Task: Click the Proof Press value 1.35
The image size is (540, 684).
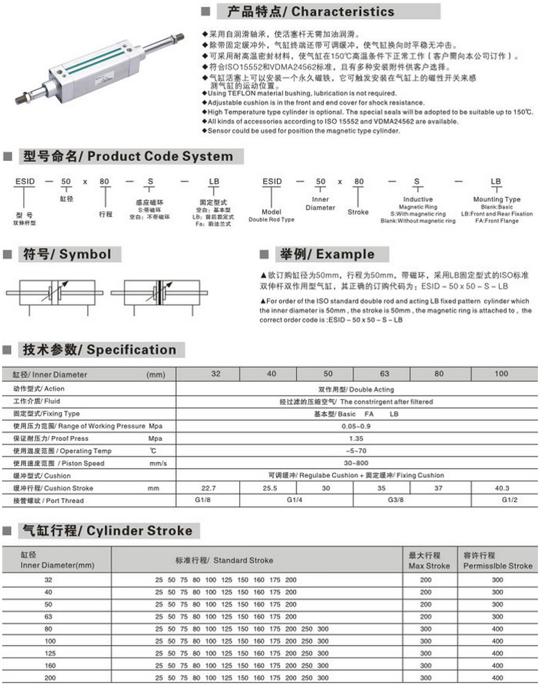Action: (357, 438)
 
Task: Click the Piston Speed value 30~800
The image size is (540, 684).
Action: (356, 463)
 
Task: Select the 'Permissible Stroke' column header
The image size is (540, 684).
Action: (498, 560)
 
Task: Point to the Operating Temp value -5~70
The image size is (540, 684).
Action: (356, 451)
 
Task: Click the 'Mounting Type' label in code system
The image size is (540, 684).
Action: (496, 199)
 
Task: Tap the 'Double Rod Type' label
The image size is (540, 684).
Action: (271, 219)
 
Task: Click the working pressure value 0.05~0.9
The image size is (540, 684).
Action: (356, 426)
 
